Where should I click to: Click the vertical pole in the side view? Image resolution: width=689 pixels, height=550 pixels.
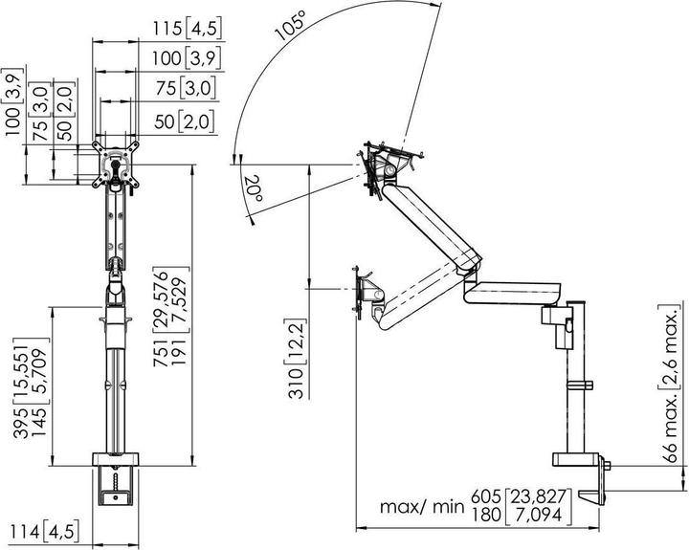(x=577, y=383)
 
